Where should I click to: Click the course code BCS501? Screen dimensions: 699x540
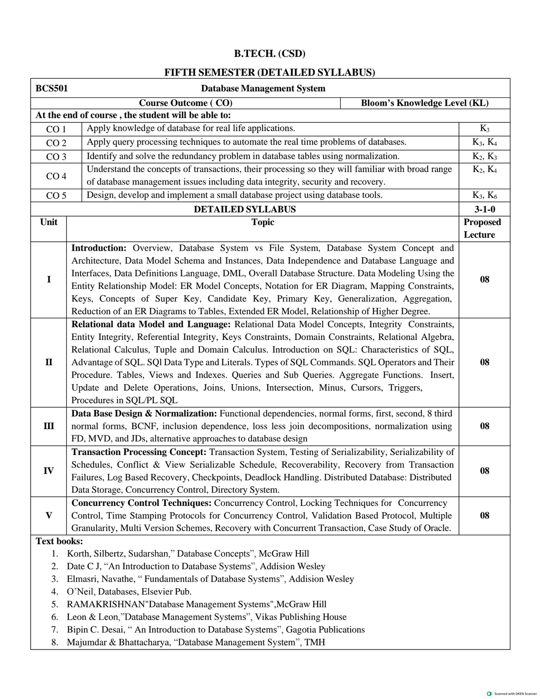[52, 89]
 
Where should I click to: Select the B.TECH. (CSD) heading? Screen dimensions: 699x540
[270, 54]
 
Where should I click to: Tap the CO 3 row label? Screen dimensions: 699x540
[56, 157]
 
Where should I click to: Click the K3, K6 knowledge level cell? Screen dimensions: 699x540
[484, 195]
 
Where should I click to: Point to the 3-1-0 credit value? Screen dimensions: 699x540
[484, 209]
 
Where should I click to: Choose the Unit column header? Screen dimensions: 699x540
[49, 222]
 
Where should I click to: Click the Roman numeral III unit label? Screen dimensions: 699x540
[49, 426]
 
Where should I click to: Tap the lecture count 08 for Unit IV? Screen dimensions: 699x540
[484, 471]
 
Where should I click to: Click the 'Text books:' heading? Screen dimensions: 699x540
[59, 541]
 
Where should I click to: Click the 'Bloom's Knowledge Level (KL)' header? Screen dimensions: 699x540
[424, 103]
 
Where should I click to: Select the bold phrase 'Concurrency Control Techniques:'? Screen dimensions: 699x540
[142, 503]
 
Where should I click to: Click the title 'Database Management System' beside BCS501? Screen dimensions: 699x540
[263, 89]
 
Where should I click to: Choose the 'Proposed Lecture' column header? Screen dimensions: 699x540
[482, 228]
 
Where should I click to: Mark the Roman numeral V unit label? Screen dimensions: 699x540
[49, 516]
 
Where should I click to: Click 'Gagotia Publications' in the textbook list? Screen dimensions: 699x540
[325, 630]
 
